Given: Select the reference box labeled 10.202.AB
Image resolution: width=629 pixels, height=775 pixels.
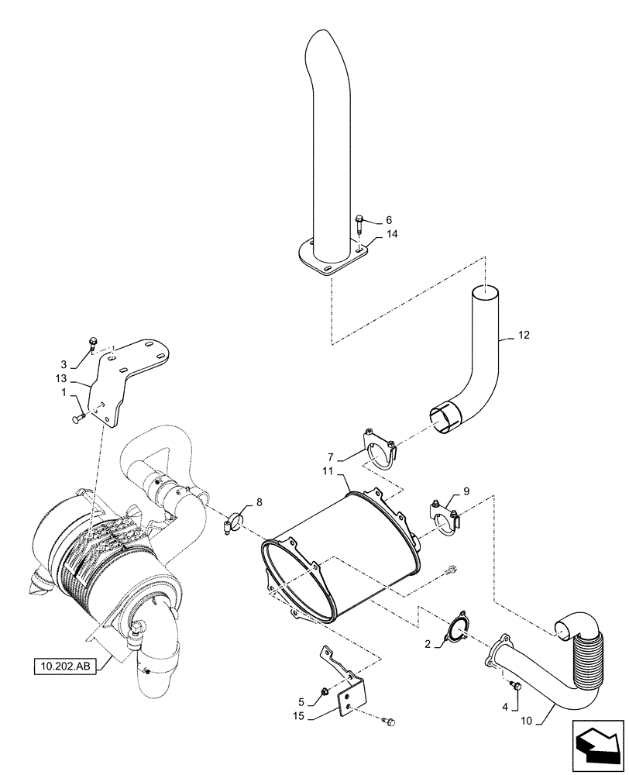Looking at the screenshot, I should coord(64,666).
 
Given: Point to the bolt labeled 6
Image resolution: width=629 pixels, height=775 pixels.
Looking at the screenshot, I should coord(360,226).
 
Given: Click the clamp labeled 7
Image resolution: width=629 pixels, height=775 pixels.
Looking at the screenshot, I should coord(380,449).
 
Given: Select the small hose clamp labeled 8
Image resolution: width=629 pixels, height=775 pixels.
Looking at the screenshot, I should coord(232,523).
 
